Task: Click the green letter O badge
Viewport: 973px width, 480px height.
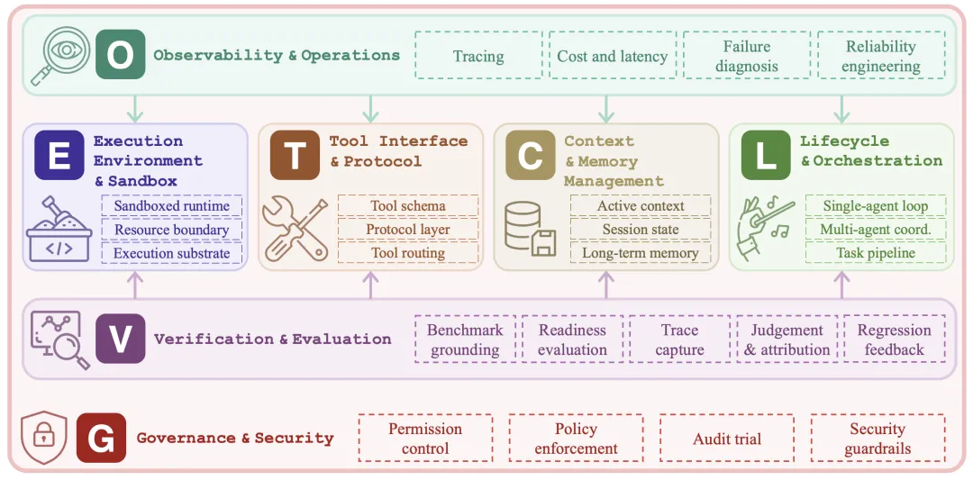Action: click(x=121, y=55)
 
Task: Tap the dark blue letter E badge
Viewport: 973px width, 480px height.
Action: click(x=59, y=155)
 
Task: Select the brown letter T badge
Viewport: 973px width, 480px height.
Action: click(x=295, y=155)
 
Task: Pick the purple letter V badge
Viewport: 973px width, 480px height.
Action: click(x=121, y=339)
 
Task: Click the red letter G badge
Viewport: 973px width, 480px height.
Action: click(x=101, y=438)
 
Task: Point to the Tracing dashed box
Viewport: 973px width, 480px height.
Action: click(x=477, y=55)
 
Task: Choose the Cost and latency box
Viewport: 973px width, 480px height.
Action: click(x=613, y=55)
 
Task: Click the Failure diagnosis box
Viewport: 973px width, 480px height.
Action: click(x=747, y=55)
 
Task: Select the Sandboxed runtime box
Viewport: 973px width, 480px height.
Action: click(x=171, y=205)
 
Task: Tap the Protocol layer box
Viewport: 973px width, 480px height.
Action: click(x=408, y=229)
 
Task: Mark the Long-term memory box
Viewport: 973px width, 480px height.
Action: click(x=641, y=252)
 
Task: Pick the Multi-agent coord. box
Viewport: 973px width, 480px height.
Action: click(x=877, y=229)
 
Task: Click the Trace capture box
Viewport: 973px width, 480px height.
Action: click(x=679, y=339)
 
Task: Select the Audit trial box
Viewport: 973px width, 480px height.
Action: click(x=727, y=438)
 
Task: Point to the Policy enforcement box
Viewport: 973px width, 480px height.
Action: click(x=576, y=438)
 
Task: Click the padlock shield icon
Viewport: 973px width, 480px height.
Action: click(x=43, y=437)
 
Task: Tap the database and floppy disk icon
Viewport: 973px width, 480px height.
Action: click(x=530, y=228)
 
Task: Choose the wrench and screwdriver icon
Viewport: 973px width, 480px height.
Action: click(x=295, y=228)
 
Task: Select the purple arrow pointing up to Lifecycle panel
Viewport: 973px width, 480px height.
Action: click(x=841, y=285)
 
